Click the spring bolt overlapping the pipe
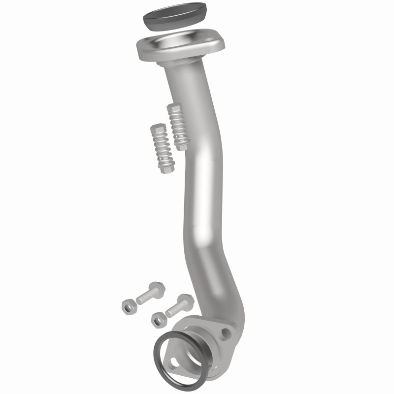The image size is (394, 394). point(178,127)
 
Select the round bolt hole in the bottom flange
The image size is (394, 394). point(226,333)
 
